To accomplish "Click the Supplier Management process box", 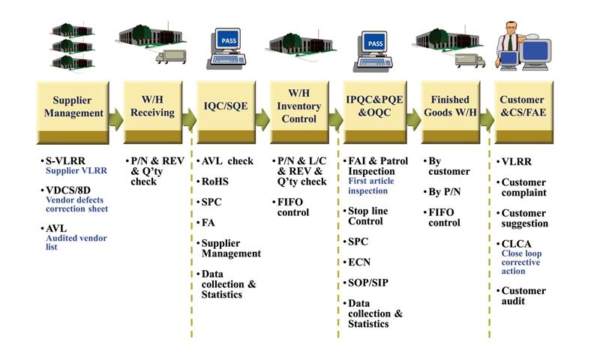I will (78, 107).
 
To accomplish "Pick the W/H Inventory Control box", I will (298, 107).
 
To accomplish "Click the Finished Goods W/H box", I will (450, 107).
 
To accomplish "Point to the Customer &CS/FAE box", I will (522, 107).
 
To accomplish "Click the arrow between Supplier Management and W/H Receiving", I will (115, 118).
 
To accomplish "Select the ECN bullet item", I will (360, 262).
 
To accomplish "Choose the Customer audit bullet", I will (523, 295).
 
